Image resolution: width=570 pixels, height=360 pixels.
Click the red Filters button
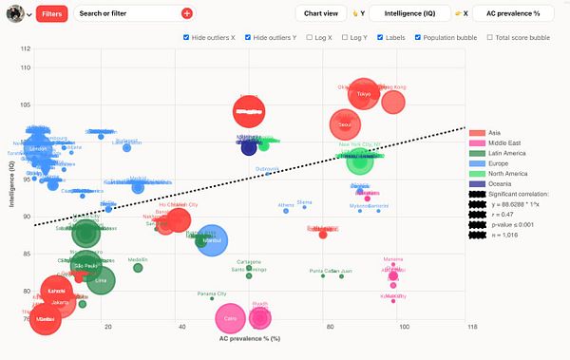tap(51, 13)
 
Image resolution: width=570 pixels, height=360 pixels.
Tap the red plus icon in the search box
tap(187, 13)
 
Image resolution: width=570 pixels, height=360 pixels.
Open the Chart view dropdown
tap(320, 13)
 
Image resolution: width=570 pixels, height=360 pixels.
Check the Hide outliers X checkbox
tap(185, 38)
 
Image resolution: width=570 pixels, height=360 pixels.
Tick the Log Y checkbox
tap(343, 38)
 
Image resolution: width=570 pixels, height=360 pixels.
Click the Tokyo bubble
tap(363, 94)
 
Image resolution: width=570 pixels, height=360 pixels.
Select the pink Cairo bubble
tap(230, 318)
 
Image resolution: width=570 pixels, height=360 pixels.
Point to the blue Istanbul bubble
tap(212, 240)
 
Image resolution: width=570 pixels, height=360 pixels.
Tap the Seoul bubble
tap(345, 124)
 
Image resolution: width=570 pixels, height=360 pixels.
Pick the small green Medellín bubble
tap(138, 267)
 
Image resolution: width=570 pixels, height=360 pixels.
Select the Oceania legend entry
tap(493, 183)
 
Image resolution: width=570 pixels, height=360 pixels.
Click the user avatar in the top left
tap(14, 13)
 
